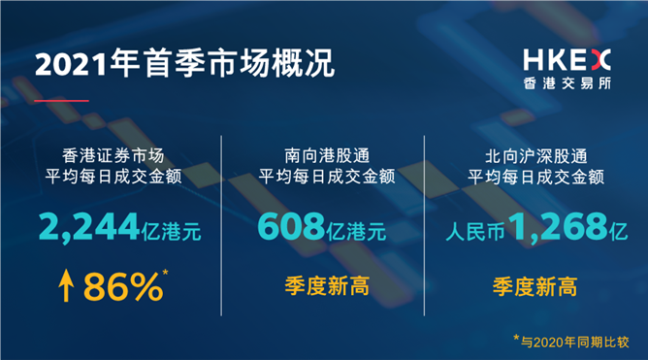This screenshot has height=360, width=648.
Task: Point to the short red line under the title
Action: (61, 100)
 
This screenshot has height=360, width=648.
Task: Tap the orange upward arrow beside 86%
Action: (65, 285)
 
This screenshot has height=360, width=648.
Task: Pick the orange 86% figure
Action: (121, 286)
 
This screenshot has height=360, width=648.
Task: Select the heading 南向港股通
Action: (324, 153)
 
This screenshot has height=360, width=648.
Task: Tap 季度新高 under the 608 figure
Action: (324, 287)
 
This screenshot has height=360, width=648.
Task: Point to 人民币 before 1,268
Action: (477, 233)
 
